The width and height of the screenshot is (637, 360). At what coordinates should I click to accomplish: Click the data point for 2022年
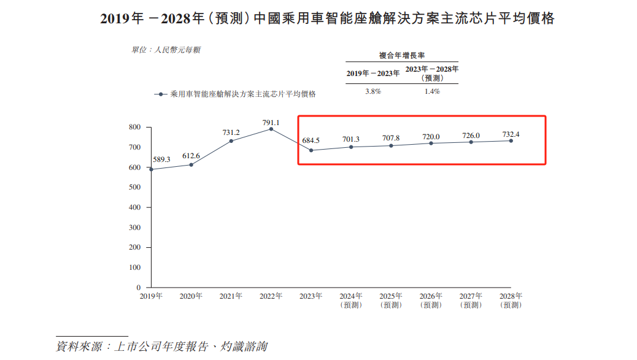271,129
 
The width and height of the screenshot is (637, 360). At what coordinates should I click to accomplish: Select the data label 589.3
161,159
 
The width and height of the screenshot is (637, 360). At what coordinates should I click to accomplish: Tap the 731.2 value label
231,132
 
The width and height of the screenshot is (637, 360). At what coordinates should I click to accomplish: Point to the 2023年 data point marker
311,150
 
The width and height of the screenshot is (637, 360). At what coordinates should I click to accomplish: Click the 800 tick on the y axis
135,127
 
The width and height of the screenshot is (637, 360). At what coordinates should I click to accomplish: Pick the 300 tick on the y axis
135,228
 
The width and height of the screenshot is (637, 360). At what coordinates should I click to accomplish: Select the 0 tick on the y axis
139,288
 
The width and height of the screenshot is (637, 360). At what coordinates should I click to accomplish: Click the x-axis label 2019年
151,296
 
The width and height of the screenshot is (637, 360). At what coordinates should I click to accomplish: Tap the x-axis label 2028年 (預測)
511,300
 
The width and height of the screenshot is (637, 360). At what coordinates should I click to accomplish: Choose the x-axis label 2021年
231,296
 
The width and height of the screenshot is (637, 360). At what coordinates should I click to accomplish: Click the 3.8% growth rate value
373,91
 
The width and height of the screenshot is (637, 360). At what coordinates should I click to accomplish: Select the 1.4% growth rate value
432,91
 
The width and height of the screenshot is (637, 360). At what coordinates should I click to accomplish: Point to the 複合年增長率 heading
401,55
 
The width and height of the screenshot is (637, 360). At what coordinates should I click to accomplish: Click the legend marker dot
161,94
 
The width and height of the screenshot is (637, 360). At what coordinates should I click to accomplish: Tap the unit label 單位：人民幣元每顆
166,50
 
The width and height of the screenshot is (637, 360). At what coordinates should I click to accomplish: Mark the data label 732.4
511,134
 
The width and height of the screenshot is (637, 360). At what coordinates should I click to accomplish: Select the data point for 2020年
191,164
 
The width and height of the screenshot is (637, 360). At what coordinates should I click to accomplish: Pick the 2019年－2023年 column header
373,73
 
